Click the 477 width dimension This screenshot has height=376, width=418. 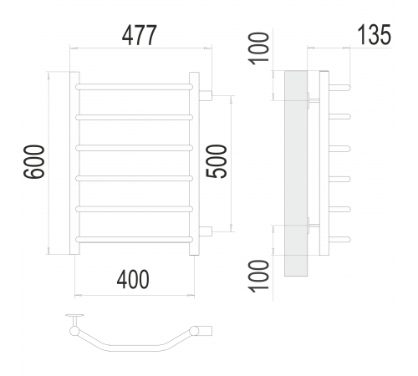(140, 35)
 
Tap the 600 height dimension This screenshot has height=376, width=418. (34, 161)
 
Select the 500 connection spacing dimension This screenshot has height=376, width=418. (217, 161)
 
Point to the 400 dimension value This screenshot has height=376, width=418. (133, 279)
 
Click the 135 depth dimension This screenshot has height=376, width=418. (375, 34)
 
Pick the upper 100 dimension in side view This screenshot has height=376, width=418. (259, 48)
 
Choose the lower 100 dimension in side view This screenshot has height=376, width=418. (259, 276)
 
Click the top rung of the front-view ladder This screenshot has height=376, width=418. (134, 87)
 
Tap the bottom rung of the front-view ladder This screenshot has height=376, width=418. (134, 240)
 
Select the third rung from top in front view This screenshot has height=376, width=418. (134, 148)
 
